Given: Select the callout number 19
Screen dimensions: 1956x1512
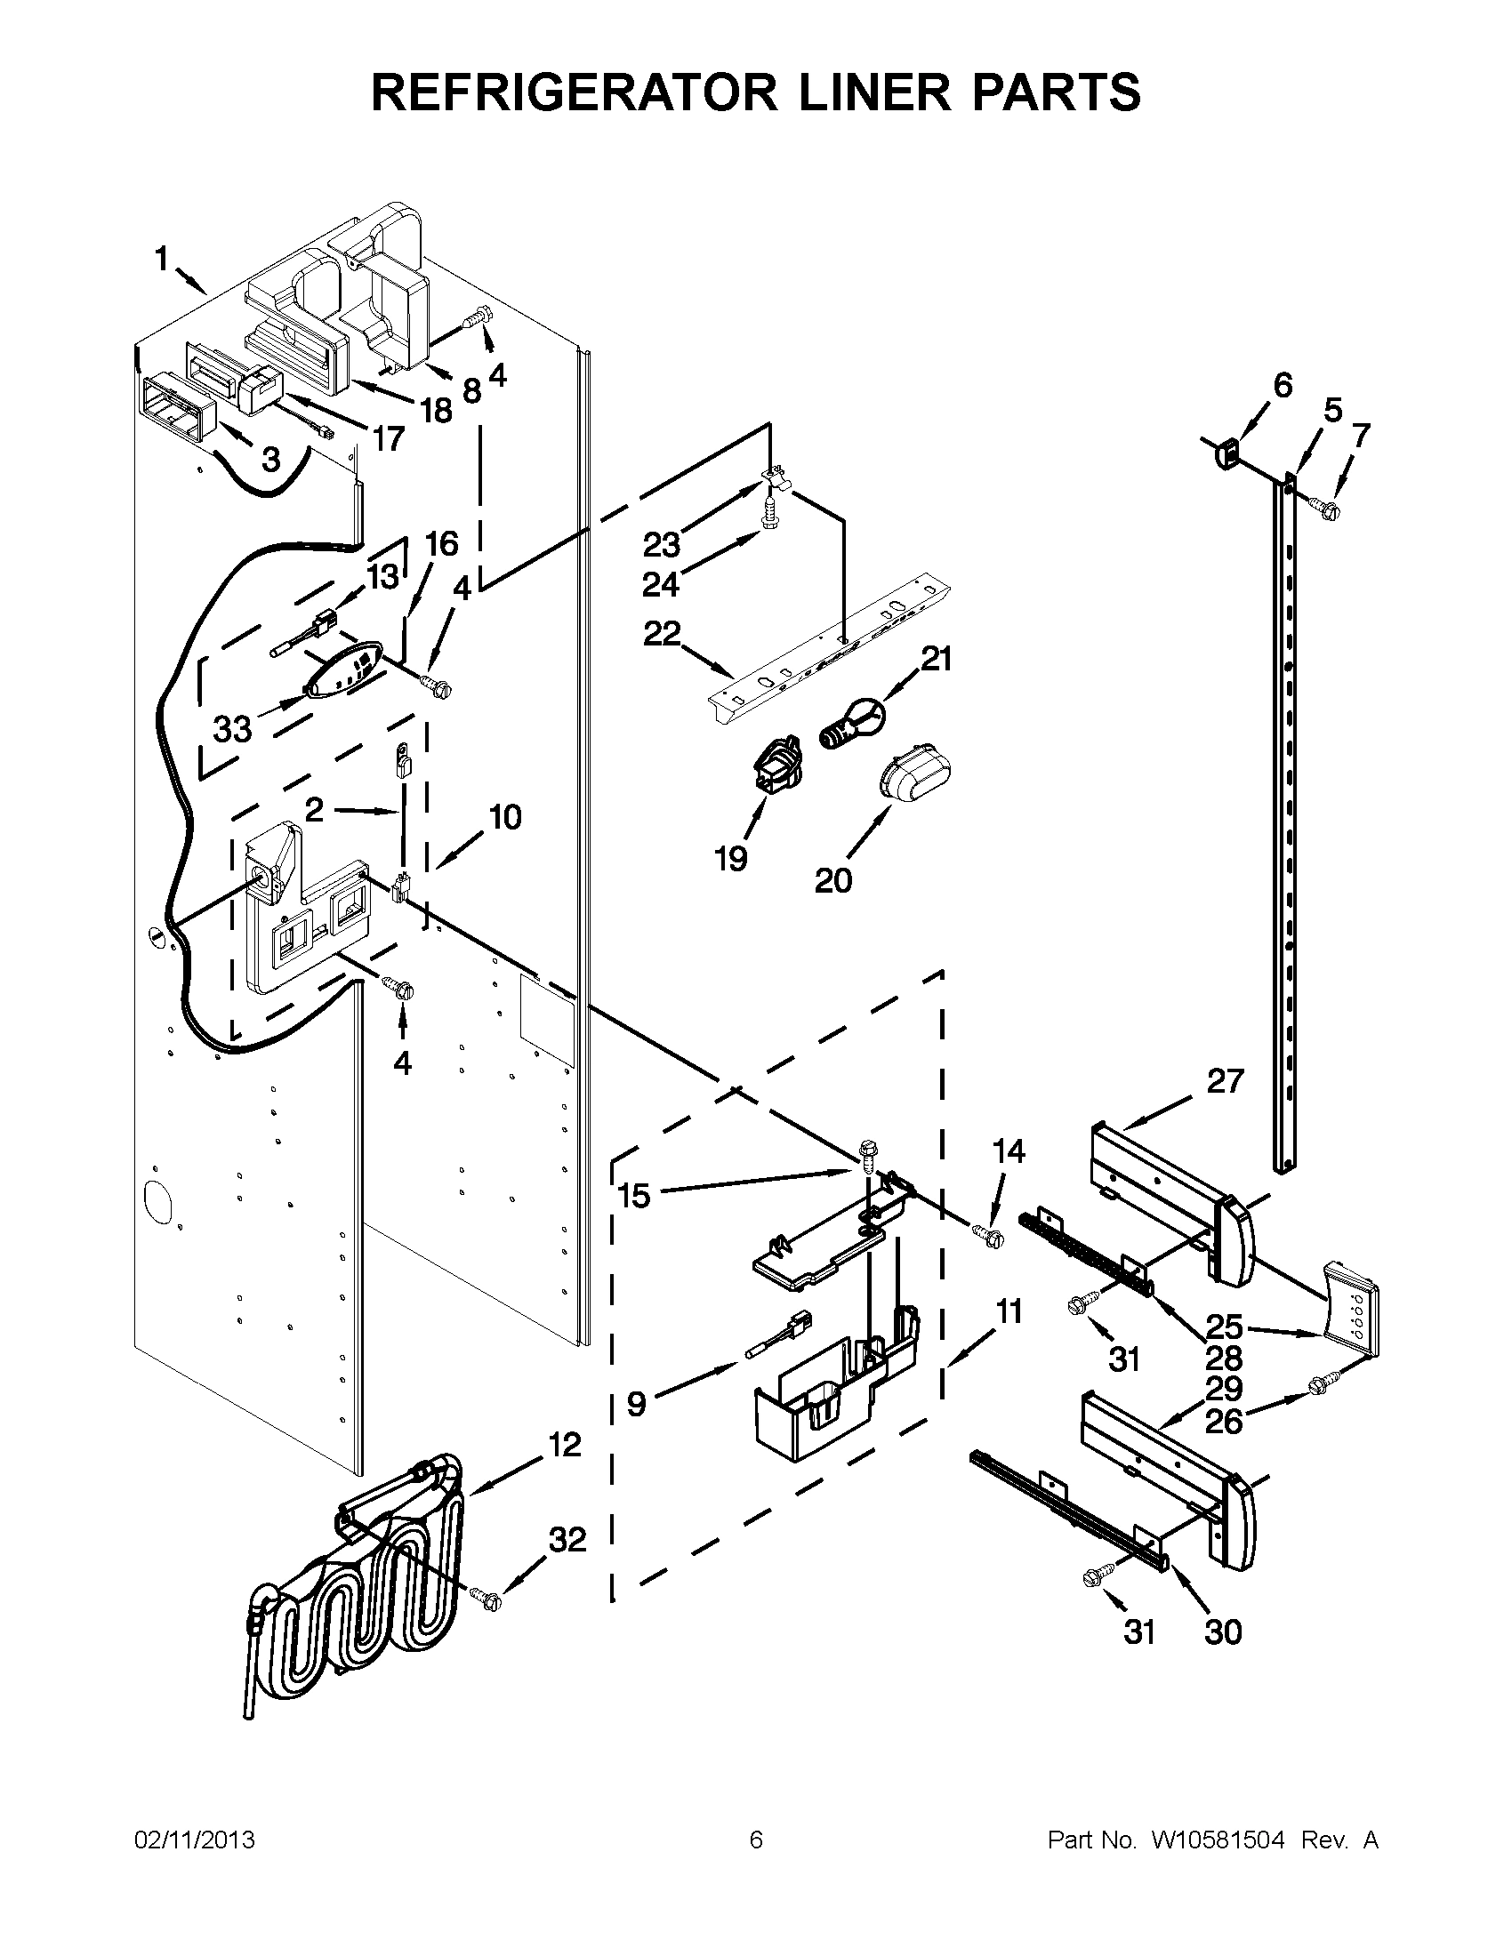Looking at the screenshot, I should pos(731,859).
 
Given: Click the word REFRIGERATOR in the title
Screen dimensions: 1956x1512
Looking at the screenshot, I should pos(575,92).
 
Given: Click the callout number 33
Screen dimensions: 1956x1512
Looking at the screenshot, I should pos(232,729).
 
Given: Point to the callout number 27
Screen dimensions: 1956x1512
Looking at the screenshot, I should pos(1225,1082).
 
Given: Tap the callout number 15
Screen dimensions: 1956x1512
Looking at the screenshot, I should pos(634,1195).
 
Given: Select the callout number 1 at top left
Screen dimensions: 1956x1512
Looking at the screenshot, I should pos(161,260).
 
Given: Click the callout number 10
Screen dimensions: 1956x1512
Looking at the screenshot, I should pos(505,817).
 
